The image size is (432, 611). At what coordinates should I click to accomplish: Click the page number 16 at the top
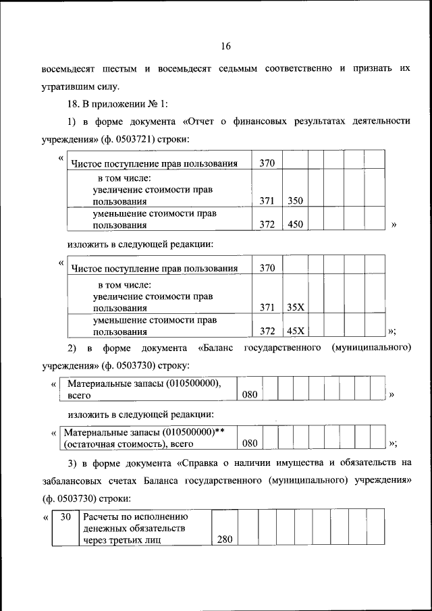click(x=225, y=46)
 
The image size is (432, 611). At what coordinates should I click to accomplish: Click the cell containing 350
click(x=295, y=201)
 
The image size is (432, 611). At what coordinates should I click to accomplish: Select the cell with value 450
click(x=295, y=225)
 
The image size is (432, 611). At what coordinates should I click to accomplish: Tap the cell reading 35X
click(x=295, y=307)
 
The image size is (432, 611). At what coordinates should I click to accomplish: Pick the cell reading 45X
click(x=295, y=331)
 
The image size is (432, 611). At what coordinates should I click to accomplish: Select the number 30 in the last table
click(x=65, y=516)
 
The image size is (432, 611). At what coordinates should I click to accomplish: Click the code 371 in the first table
click(x=267, y=201)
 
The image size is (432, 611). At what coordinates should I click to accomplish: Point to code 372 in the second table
click(x=267, y=331)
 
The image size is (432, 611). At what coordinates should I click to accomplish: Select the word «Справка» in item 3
click(x=204, y=463)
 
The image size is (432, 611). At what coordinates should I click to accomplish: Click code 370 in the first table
click(x=267, y=163)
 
